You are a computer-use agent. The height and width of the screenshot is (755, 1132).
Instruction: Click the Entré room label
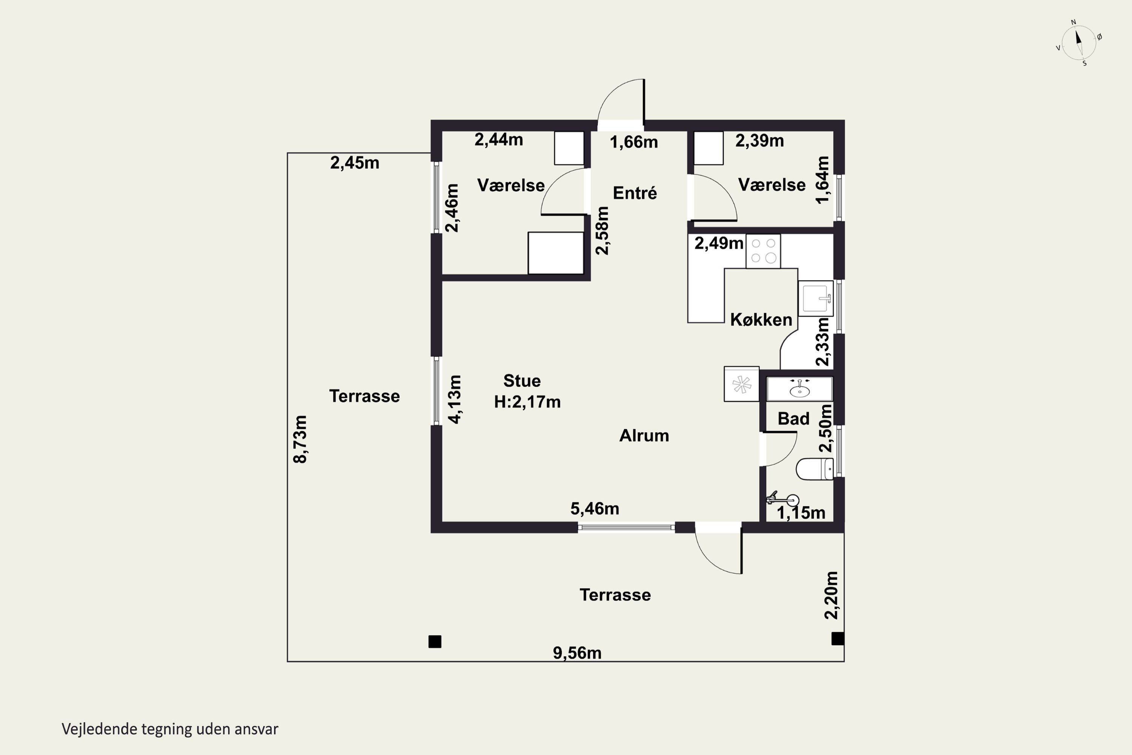tap(635, 193)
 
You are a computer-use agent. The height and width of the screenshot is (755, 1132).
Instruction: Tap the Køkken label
tap(761, 320)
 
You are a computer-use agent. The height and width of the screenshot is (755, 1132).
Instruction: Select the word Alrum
tap(644, 436)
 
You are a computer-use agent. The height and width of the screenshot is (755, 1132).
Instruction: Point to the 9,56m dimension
tap(577, 653)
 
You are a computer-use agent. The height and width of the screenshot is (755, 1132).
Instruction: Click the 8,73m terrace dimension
tap(300, 439)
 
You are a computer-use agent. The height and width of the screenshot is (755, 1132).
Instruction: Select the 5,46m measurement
tap(595, 508)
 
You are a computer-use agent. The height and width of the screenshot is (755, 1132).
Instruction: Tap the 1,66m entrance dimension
tap(634, 142)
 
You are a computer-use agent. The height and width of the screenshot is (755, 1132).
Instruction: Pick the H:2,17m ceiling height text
tap(528, 402)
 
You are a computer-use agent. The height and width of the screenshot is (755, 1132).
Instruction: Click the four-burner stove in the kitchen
tap(763, 251)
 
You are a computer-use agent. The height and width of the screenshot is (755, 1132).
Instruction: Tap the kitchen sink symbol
tap(816, 299)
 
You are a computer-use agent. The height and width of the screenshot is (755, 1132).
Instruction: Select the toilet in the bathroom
tap(815, 469)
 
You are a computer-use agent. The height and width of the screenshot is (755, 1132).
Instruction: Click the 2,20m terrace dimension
tap(831, 595)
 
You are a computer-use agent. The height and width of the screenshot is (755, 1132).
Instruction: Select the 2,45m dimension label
tap(355, 163)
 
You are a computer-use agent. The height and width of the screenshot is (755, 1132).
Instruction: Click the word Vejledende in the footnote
tap(100, 729)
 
